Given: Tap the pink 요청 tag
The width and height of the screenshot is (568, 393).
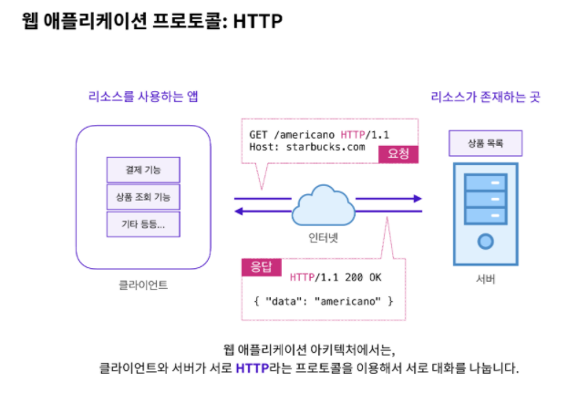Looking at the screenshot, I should click(398, 153).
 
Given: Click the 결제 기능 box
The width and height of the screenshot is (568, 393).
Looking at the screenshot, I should click(142, 170).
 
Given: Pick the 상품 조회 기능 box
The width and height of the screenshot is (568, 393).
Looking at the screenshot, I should click(142, 197).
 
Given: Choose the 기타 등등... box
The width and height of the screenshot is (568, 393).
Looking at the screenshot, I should click(142, 224).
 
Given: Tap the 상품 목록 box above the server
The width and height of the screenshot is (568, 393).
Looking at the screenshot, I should click(486, 143).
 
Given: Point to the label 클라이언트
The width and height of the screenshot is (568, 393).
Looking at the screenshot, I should click(143, 284).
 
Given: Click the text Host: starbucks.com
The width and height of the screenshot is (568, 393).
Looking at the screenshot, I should click(306, 146).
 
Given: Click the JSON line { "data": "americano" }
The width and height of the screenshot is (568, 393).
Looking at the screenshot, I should click(323, 301).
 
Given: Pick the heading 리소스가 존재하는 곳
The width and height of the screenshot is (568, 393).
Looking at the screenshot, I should click(484, 95).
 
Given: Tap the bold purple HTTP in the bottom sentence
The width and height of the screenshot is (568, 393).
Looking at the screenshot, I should click(253, 368).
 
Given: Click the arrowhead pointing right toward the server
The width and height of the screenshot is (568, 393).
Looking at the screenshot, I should click(417, 197).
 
